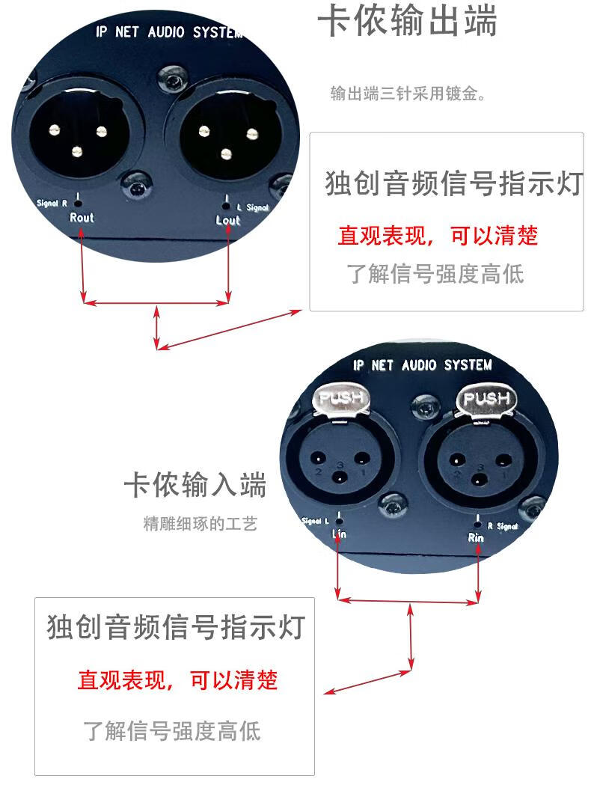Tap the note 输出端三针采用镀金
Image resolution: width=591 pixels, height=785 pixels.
click(408, 94)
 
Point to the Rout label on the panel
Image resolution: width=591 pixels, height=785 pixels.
click(82, 218)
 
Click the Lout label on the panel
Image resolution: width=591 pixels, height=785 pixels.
click(228, 220)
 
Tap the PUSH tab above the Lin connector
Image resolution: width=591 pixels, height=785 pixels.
click(341, 398)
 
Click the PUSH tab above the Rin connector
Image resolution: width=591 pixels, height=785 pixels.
click(485, 400)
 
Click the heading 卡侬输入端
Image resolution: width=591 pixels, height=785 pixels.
click(195, 486)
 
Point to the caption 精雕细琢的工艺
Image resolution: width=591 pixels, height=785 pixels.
click(200, 524)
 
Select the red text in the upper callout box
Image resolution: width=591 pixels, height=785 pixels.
click(438, 236)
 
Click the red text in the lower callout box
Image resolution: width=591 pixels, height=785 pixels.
click(177, 680)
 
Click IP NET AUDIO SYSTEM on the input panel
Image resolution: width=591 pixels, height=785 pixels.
click(423, 365)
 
